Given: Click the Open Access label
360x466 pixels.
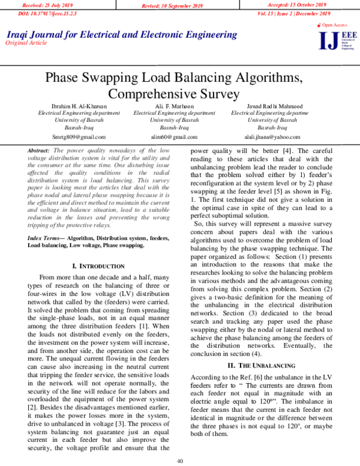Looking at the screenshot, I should [x=334, y=25].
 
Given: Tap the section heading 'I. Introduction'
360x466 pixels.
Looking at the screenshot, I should [x=98, y=265].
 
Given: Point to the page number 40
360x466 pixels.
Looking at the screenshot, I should [x=180, y=460].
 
